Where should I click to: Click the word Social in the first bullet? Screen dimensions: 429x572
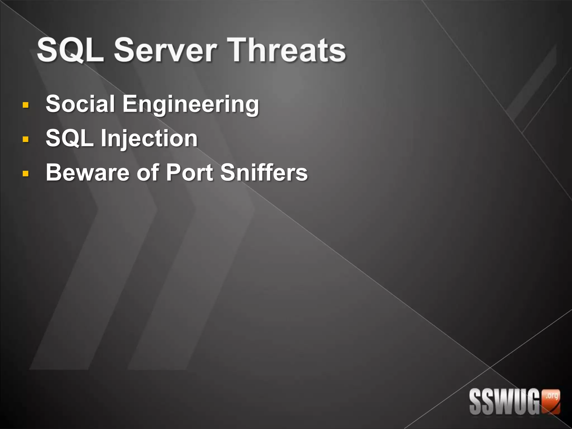tap(80, 104)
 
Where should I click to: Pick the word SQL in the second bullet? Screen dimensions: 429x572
tap(70, 138)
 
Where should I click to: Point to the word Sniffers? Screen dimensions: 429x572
tap(264, 172)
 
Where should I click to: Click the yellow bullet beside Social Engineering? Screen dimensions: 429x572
tap(25, 105)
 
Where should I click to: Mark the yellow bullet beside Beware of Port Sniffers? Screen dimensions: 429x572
tap(25, 174)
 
